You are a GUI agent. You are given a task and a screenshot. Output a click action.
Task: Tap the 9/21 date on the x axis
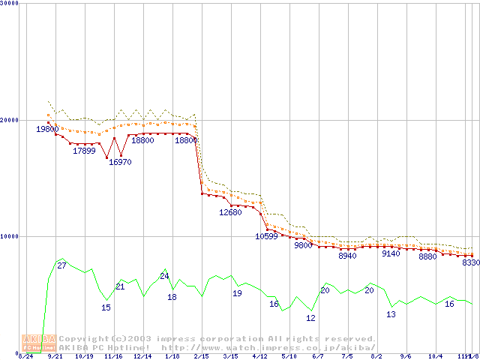pyautogui.click(x=55, y=356)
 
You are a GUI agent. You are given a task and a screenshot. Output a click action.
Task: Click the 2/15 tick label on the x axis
pyautogui.click(x=201, y=356)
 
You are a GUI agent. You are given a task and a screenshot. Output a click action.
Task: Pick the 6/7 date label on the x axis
pyautogui.click(x=318, y=356)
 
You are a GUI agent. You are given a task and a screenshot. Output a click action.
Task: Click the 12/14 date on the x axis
pyautogui.click(x=142, y=356)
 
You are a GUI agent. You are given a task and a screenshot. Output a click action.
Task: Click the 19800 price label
pyautogui.click(x=47, y=130)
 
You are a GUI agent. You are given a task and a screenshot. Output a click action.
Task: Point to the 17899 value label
pyautogui.click(x=84, y=151)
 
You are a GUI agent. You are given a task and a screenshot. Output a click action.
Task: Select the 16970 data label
pyautogui.click(x=120, y=161)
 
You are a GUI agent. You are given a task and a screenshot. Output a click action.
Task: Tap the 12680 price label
pyautogui.click(x=230, y=213)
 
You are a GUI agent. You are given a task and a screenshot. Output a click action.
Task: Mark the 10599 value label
pyautogui.click(x=266, y=236)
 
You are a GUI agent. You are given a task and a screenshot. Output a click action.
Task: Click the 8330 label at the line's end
pyautogui.click(x=470, y=262)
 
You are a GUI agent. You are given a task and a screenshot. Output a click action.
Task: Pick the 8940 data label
pyautogui.click(x=347, y=256)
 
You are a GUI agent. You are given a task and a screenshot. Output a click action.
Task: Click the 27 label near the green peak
pyautogui.click(x=62, y=266)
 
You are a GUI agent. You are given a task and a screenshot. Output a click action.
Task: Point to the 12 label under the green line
pyautogui.click(x=310, y=318)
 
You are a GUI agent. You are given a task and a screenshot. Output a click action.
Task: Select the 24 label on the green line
pyautogui.click(x=164, y=276)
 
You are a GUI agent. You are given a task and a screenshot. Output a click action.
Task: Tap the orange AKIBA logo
pyautogui.click(x=39, y=343)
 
